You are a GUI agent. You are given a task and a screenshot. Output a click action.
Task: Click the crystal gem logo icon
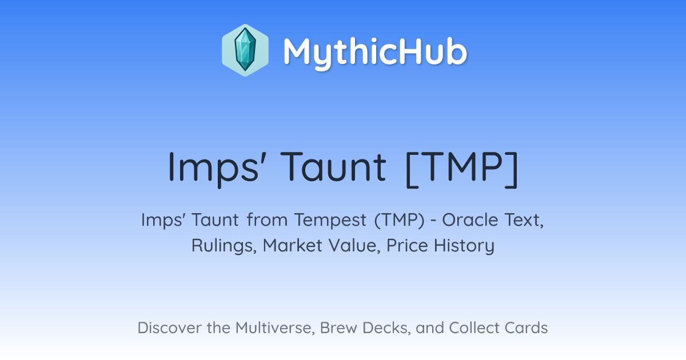click(245, 50)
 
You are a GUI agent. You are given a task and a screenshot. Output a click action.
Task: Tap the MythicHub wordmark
click(375, 52)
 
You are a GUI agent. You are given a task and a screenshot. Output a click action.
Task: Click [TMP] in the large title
click(462, 169)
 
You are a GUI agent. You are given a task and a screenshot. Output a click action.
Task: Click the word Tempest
click(330, 221)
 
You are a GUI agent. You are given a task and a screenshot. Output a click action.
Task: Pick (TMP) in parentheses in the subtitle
click(400, 220)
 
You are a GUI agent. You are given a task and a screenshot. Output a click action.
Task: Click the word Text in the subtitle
click(524, 220)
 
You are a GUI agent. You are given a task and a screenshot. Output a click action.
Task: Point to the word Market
click(292, 245)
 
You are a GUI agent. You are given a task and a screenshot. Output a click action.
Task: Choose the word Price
click(407, 245)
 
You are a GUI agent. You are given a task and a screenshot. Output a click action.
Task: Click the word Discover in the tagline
click(169, 327)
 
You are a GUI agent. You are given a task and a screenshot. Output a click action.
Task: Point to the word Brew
click(338, 327)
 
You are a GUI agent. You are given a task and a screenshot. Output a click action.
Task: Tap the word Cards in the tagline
click(526, 327)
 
